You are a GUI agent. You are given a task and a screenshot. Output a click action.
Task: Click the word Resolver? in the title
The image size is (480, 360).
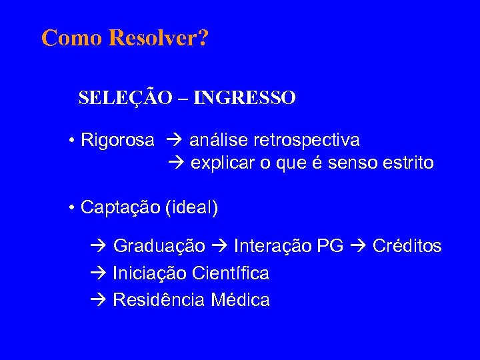pos(158,38)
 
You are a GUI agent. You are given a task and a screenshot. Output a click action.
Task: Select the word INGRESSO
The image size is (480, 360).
pos(253,98)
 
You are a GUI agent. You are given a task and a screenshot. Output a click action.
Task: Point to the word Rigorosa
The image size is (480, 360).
pos(117,141)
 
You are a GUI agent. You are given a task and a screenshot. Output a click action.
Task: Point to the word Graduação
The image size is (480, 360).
pos(159,247)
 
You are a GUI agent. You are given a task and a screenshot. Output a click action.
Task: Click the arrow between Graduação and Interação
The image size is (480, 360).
pos(219,247)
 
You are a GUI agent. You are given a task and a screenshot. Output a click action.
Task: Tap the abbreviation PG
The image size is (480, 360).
pos(330,247)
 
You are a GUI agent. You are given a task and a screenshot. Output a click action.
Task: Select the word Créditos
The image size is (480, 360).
pos(407,247)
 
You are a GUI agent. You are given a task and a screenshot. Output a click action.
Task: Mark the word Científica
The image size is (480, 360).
pos(231,273)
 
